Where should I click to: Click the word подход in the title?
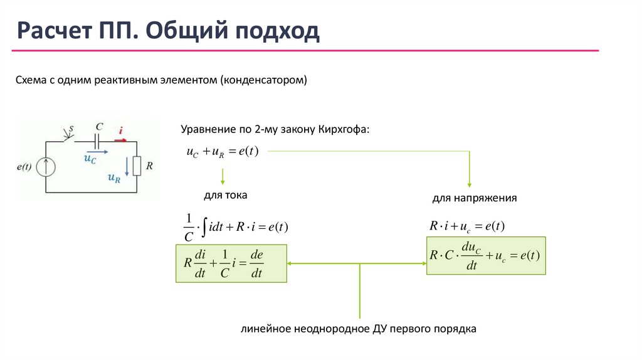coord(276,31)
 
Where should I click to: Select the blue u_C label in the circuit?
coord(90,159)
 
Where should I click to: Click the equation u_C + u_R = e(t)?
coord(223,152)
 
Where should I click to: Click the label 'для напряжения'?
coord(474,198)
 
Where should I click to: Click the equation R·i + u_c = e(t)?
coord(467,226)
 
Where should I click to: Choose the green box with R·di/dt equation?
coord(231,263)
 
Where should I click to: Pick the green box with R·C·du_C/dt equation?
coord(486,256)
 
